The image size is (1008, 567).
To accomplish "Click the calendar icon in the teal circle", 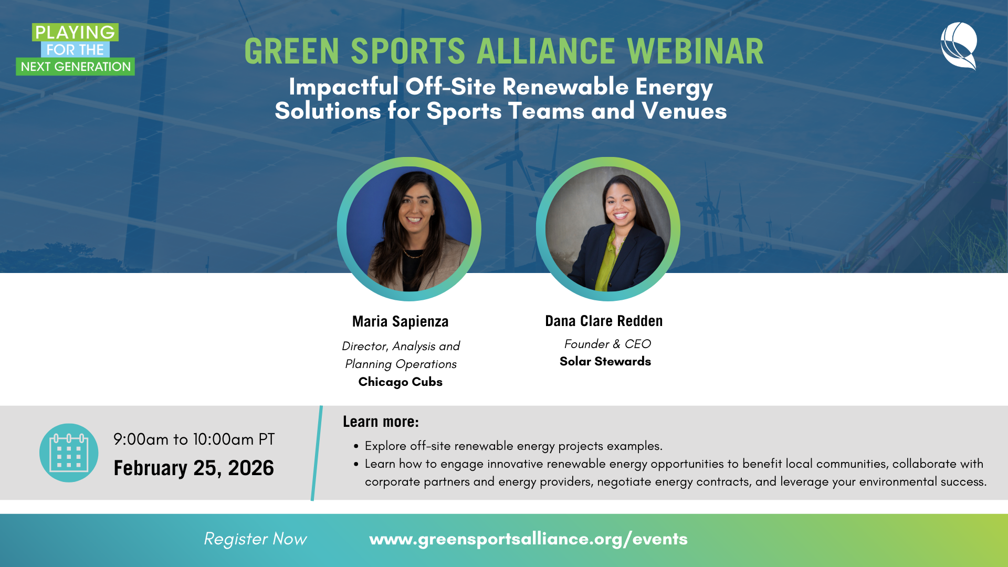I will (69, 453).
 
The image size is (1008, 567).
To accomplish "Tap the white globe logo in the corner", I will (959, 46).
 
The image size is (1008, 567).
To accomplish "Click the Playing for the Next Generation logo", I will (75, 49).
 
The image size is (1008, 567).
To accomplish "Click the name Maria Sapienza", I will (400, 321).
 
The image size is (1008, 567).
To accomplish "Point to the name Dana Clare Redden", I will (604, 321).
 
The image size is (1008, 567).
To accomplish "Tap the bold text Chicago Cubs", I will (400, 382).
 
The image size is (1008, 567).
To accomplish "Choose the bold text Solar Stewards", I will (605, 361).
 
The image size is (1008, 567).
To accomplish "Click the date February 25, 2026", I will (194, 468).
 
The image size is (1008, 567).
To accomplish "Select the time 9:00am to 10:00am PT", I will (194, 439).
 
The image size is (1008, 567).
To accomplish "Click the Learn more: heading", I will (381, 422).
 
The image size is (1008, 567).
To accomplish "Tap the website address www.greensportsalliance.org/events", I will (528, 539).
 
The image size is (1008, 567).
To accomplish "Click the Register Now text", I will (255, 539).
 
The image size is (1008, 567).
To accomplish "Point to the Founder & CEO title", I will (607, 344).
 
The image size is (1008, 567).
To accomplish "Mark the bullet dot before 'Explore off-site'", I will (356, 446).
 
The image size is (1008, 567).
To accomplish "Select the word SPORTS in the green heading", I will (407, 51).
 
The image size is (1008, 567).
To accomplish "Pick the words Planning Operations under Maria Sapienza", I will (401, 364).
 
